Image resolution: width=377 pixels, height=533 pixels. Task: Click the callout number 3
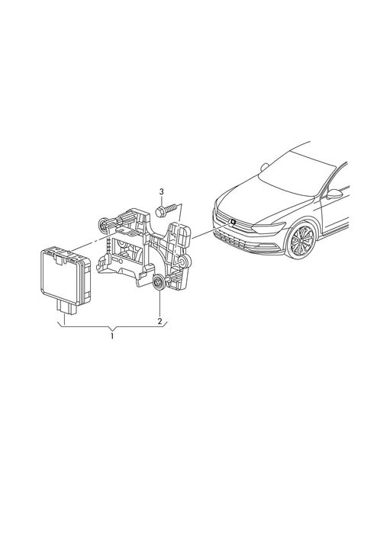coord(161,191)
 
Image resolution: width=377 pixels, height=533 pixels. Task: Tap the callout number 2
coord(159,321)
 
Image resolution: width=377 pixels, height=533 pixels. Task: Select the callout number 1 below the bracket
coord(112,336)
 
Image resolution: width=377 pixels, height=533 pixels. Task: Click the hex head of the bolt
coord(160,211)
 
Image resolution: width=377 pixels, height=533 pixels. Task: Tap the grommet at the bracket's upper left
coord(103,225)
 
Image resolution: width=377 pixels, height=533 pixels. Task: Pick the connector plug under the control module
coord(66,307)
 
